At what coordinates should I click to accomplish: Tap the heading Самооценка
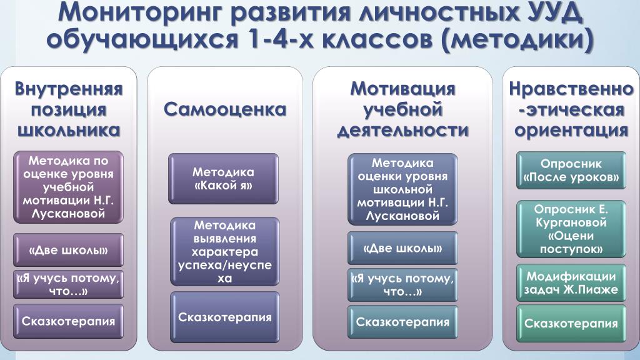[225, 109]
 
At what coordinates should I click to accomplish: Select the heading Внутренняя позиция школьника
[69, 109]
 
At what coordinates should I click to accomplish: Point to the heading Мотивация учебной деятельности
[403, 109]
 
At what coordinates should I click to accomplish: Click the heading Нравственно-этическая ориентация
[571, 109]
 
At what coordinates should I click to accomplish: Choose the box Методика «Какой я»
[223, 179]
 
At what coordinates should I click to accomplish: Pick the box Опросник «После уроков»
[571, 170]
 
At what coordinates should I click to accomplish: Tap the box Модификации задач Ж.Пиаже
[571, 283]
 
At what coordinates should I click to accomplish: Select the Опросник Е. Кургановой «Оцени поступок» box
[571, 229]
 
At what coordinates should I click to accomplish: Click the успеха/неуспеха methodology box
[225, 251]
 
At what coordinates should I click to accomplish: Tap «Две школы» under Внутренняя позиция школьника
[68, 250]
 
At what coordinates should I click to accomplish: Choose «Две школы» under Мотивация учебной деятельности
[403, 248]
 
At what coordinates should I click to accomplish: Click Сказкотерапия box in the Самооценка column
[225, 317]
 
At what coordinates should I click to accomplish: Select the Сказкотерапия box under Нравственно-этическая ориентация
[571, 324]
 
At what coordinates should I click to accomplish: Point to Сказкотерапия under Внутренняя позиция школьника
[68, 321]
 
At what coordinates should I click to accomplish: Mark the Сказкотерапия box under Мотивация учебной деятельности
[403, 322]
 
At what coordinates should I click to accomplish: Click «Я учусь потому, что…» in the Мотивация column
[403, 285]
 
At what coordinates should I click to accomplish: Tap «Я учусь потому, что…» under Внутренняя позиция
[68, 284]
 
